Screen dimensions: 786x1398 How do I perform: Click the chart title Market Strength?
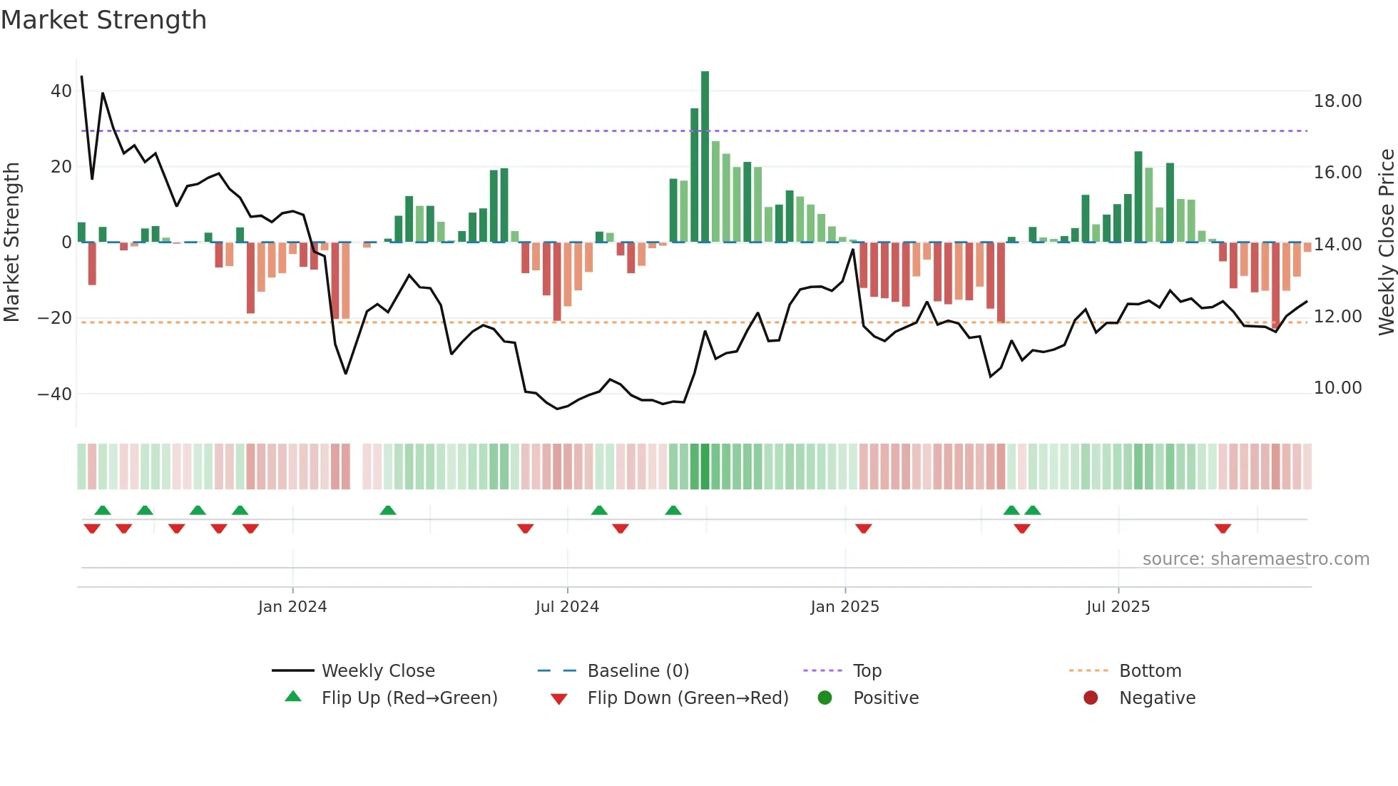click(x=103, y=20)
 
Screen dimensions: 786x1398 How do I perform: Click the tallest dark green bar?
click(x=705, y=157)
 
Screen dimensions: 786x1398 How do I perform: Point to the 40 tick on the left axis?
click(x=61, y=91)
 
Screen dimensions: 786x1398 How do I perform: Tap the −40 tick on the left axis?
click(x=55, y=394)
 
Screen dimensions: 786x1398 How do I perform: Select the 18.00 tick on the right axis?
click(x=1337, y=101)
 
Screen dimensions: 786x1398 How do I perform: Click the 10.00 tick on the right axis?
click(x=1337, y=388)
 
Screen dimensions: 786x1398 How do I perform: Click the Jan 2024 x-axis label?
click(x=292, y=607)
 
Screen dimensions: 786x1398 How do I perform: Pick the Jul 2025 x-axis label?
click(x=1118, y=607)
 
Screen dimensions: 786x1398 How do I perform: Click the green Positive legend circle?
click(x=825, y=698)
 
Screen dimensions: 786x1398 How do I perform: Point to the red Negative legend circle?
click(x=1090, y=698)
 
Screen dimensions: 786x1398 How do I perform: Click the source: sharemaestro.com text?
click(x=1255, y=559)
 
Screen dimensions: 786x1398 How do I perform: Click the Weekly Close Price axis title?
click(x=1386, y=243)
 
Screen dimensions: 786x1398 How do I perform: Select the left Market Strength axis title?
click(x=11, y=243)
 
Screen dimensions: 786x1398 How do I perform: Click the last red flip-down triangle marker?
click(x=1223, y=529)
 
